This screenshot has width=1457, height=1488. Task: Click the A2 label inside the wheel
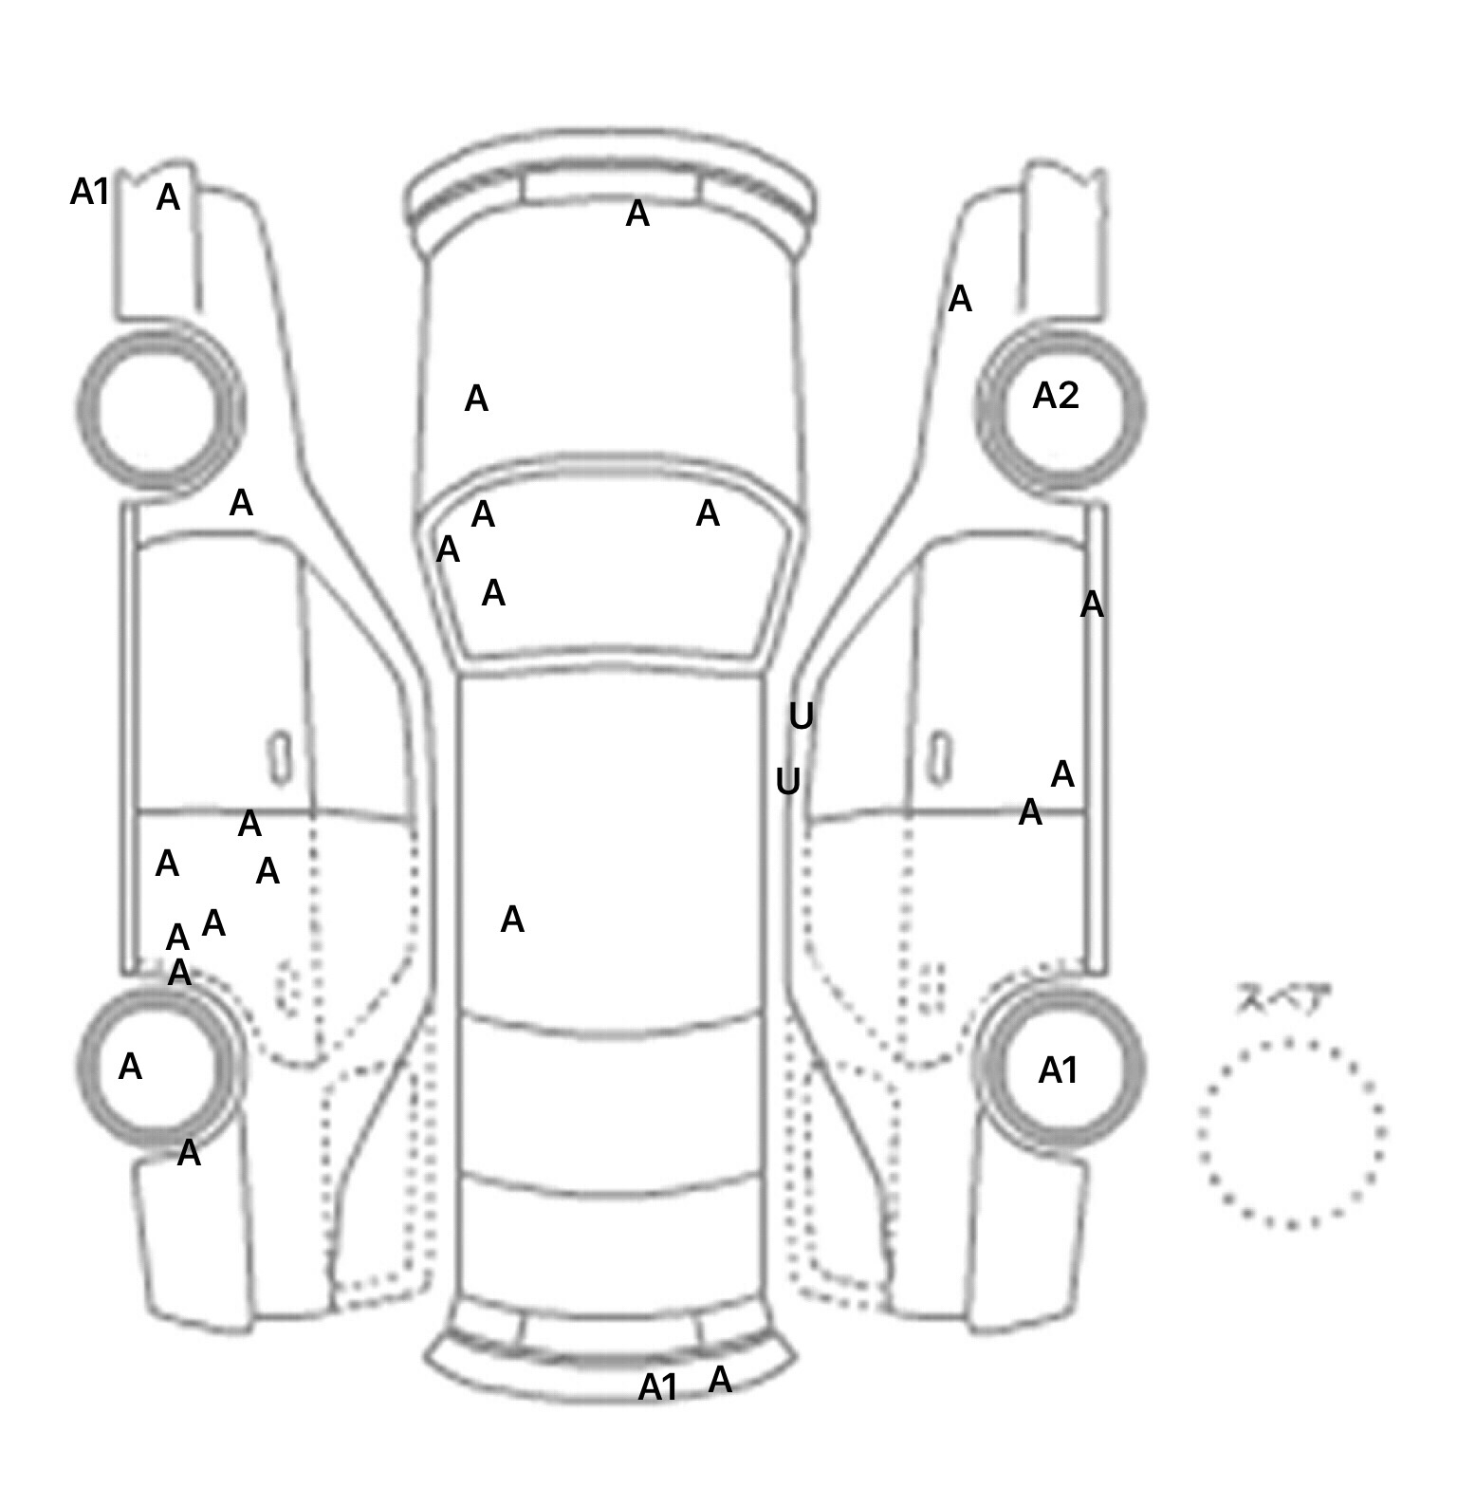pyautogui.click(x=1055, y=396)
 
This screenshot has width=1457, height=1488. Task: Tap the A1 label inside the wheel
pyautogui.click(x=1058, y=1071)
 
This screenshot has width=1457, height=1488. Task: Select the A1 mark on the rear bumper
pyautogui.click(x=657, y=1387)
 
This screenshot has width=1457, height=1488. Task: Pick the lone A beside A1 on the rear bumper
pyautogui.click(x=720, y=1380)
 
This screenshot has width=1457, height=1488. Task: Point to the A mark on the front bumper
pyautogui.click(x=637, y=214)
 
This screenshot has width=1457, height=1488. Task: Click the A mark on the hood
pyautogui.click(x=476, y=400)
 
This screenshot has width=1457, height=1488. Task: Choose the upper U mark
pyautogui.click(x=801, y=716)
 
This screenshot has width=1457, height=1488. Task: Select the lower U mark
pyautogui.click(x=787, y=782)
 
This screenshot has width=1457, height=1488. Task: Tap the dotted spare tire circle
pyautogui.click(x=1291, y=1133)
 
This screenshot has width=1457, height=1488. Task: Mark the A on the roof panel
pyautogui.click(x=512, y=920)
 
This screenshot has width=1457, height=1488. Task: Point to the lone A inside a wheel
pyautogui.click(x=130, y=1068)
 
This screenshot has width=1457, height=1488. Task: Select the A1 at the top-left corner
pyautogui.click(x=90, y=193)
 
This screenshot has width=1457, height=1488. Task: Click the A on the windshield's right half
pyautogui.click(x=708, y=514)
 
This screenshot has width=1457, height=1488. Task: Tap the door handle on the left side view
pyautogui.click(x=280, y=758)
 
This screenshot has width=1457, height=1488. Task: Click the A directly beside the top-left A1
pyautogui.click(x=168, y=198)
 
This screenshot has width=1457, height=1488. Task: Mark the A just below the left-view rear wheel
pyautogui.click(x=189, y=1154)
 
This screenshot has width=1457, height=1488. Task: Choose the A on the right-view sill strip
pyautogui.click(x=1092, y=604)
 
